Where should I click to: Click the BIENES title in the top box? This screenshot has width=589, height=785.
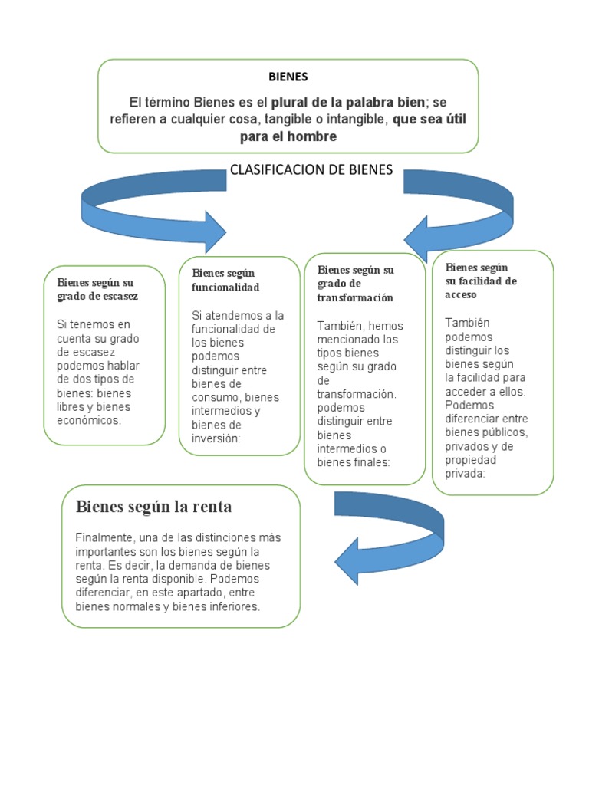point(288,77)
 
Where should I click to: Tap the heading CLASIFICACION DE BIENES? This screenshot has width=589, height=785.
point(311,170)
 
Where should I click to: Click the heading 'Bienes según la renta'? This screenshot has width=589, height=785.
point(153,507)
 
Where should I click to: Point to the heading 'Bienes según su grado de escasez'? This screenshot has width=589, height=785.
point(97,288)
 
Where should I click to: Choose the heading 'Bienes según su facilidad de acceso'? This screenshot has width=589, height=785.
point(481,281)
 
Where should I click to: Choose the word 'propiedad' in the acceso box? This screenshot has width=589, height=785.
point(470,460)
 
